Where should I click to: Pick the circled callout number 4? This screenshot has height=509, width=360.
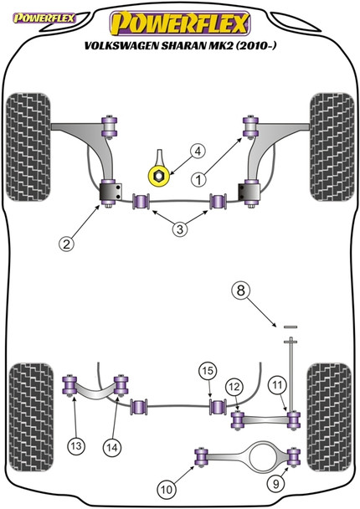[197, 152]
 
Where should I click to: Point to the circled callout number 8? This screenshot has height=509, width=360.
[241, 292]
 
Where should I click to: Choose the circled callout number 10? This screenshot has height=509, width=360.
[167, 486]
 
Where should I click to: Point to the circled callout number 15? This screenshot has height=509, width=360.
[206, 370]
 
